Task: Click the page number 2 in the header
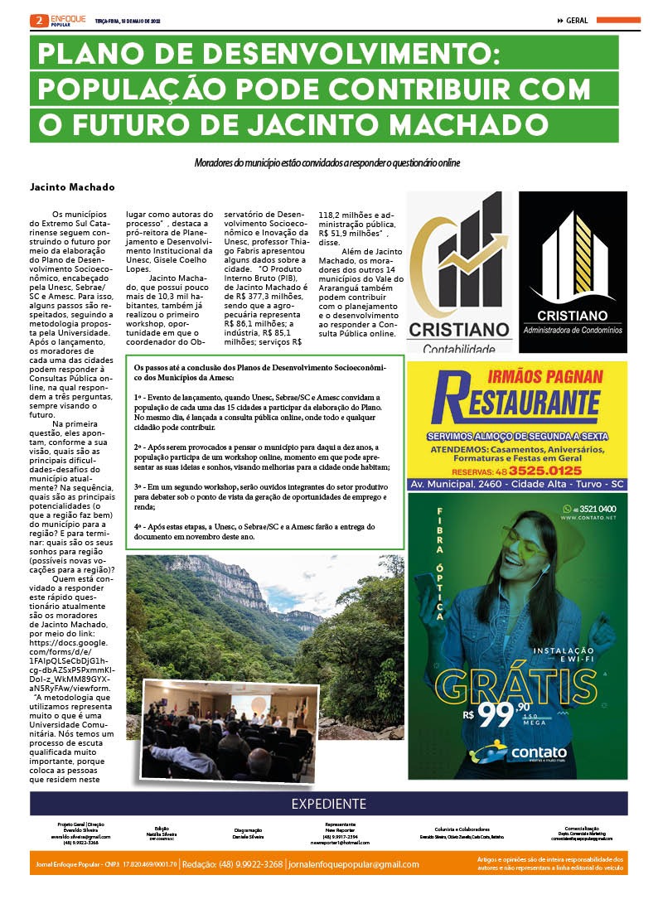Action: click(36, 20)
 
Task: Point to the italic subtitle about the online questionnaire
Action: click(327, 163)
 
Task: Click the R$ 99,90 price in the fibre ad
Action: click(496, 714)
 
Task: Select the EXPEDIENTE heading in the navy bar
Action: click(328, 804)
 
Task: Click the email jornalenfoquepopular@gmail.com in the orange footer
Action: click(354, 864)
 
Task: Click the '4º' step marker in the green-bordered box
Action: click(140, 526)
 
